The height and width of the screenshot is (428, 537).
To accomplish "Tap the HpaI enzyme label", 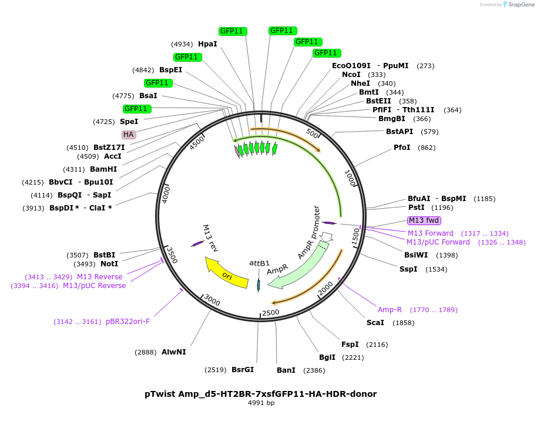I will (207, 44).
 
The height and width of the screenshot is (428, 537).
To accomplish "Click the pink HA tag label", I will (129, 135).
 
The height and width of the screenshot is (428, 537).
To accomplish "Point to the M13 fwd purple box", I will (424, 220).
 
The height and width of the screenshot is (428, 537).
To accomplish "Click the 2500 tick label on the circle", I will (271, 312).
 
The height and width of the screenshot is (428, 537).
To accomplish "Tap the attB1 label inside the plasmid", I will (259, 263).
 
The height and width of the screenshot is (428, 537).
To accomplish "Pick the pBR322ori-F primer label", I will (128, 322).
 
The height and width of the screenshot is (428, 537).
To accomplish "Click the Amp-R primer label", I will (390, 310).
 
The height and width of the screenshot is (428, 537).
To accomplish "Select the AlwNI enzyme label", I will (174, 352).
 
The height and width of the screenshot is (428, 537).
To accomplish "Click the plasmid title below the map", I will (260, 394).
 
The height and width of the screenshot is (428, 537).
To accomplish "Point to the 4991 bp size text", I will (261, 403).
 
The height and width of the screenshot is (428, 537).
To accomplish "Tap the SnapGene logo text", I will (521, 5).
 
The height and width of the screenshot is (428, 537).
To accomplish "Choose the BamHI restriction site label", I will (103, 169).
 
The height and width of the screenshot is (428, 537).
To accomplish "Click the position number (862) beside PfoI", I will (427, 148).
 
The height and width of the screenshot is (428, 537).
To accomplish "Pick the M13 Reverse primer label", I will (99, 277).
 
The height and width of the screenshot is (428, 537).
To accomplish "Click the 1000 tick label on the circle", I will (351, 178).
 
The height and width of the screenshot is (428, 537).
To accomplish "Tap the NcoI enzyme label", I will (351, 75).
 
